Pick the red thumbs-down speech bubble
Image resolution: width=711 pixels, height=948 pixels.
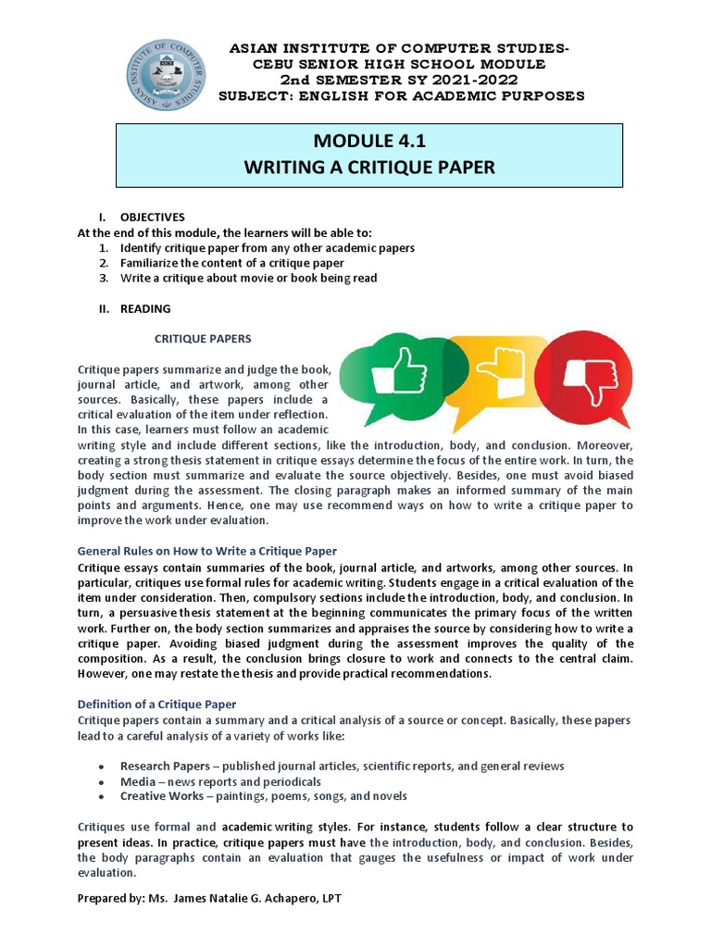(x=583, y=374)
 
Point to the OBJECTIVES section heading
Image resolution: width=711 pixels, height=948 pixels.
(x=152, y=217)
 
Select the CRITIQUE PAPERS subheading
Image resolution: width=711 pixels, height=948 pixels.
(x=202, y=339)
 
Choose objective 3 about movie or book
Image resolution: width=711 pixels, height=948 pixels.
(x=248, y=278)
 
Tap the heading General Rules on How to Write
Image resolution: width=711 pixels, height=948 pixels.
(x=206, y=551)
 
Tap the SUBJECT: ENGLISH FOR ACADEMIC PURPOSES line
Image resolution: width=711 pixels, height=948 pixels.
(x=401, y=95)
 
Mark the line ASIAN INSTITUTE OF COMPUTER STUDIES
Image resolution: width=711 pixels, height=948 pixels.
(x=399, y=48)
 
